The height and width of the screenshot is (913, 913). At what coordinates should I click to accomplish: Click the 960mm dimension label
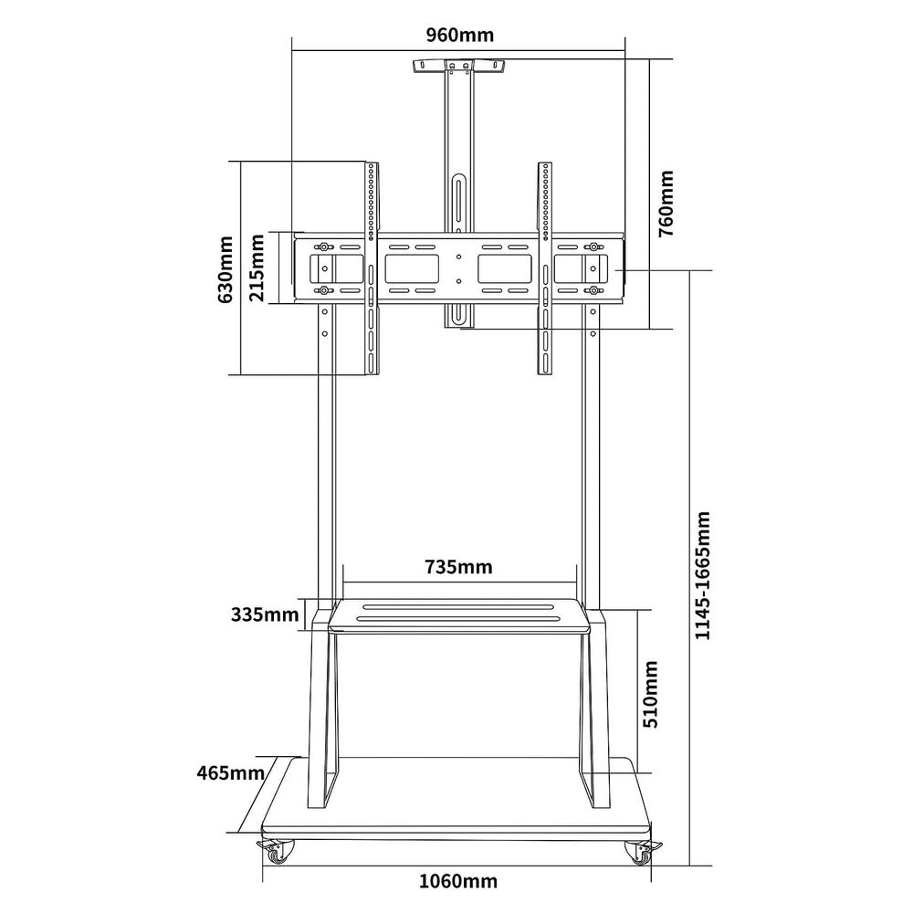tap(459, 36)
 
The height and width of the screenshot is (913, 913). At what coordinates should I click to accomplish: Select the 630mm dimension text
tap(226, 268)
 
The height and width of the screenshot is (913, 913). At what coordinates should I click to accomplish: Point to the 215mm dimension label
tap(257, 268)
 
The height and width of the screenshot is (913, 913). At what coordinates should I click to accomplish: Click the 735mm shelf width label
tap(458, 567)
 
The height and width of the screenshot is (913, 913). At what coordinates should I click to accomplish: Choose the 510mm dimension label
tap(650, 695)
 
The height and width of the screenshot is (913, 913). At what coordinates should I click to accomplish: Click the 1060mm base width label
tap(458, 881)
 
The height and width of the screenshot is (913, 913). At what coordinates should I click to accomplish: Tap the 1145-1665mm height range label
tap(702, 576)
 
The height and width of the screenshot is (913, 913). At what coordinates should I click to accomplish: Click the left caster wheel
tap(277, 853)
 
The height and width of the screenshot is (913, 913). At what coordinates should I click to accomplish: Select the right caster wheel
tap(639, 853)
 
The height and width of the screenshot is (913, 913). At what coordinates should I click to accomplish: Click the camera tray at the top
tap(459, 67)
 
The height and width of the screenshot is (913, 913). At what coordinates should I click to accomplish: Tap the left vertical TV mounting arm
tap(371, 268)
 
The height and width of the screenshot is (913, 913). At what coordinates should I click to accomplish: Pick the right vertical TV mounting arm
tap(545, 268)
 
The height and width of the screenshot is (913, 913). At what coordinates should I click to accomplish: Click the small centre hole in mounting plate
tap(459, 258)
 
